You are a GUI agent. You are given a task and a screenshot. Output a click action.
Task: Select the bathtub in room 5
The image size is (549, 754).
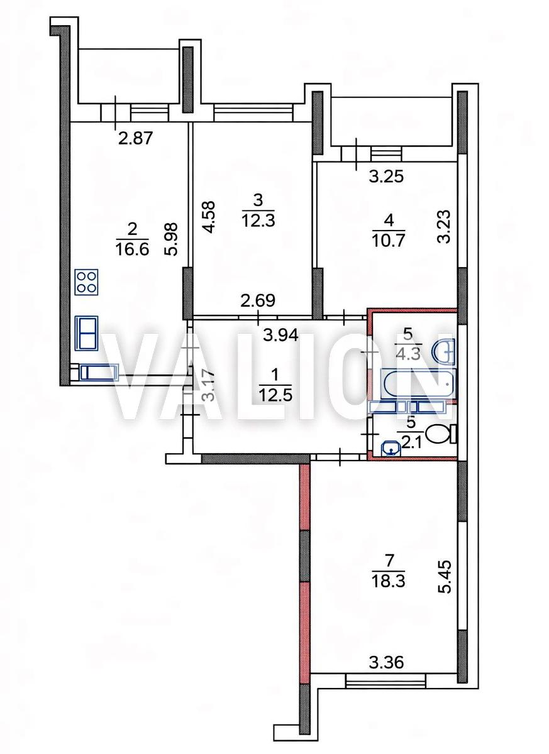(418, 384)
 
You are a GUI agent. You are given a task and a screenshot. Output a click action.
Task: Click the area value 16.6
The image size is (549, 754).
(131, 250)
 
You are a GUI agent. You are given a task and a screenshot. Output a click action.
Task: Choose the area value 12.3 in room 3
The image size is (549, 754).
(258, 221)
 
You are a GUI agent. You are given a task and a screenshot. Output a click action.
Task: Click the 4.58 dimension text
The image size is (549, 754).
(209, 217)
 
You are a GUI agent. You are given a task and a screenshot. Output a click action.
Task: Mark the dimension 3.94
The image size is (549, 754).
(280, 336)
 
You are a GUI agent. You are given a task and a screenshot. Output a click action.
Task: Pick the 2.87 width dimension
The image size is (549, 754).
(135, 138)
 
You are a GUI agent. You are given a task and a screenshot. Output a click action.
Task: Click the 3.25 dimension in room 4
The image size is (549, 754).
(386, 177)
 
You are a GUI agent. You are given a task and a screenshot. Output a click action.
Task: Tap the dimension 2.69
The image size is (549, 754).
(258, 300)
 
